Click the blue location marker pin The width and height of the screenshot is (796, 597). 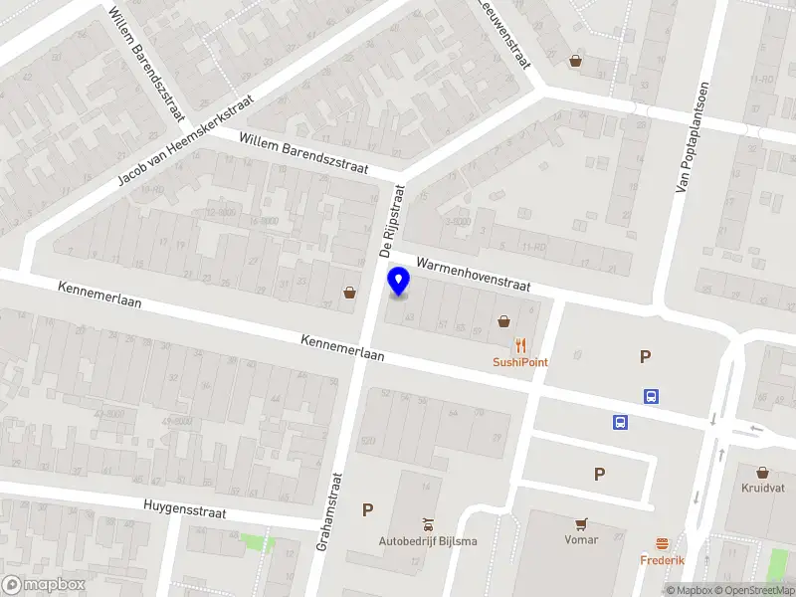tap(399, 282)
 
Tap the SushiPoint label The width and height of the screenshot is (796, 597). tap(519, 362)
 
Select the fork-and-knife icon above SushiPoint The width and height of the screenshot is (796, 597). tap(520, 346)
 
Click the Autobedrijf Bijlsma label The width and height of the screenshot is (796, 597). tap(428, 541)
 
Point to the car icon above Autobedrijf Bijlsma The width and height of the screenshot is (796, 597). tap(428, 523)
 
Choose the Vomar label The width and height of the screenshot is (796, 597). tap(580, 539)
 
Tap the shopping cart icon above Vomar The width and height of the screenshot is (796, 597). tap(581, 522)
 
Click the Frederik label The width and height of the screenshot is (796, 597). tap(662, 560)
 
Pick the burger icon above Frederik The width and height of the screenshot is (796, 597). tap(662, 543)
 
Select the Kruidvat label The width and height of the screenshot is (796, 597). tap(762, 489)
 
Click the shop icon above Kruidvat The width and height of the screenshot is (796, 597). tap(763, 473)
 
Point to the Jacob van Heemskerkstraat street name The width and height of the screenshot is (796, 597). tap(186, 140)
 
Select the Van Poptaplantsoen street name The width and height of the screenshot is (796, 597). tap(694, 137)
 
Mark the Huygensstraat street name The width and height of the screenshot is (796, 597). tap(184, 509)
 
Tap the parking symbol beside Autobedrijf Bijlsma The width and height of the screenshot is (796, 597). tap(367, 509)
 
